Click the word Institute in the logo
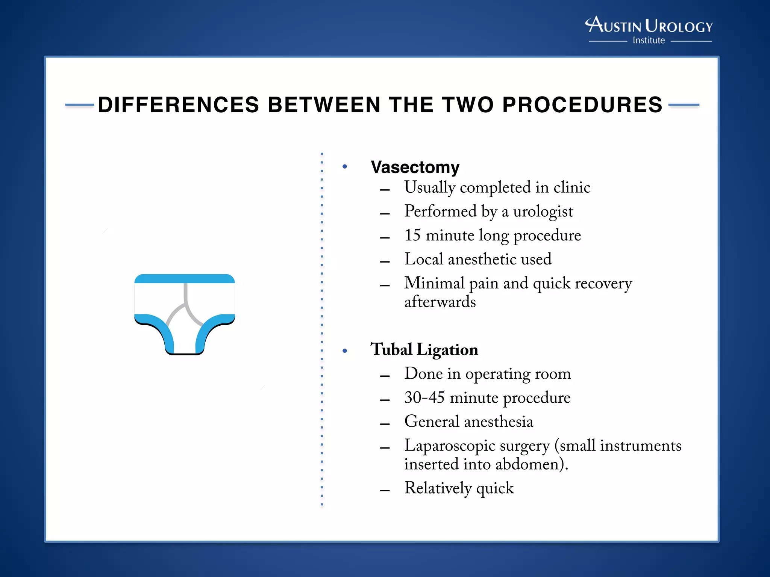click(649, 40)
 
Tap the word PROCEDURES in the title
click(582, 105)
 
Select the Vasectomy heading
click(415, 167)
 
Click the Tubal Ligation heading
click(424, 350)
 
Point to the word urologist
click(543, 211)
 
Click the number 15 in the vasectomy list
click(412, 236)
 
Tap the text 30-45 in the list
click(424, 398)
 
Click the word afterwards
click(440, 302)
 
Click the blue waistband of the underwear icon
click(185, 279)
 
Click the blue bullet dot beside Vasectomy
click(345, 167)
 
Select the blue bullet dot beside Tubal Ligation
click(345, 351)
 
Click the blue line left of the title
click(79, 105)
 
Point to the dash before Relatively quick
click(385, 490)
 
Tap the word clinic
click(571, 187)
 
